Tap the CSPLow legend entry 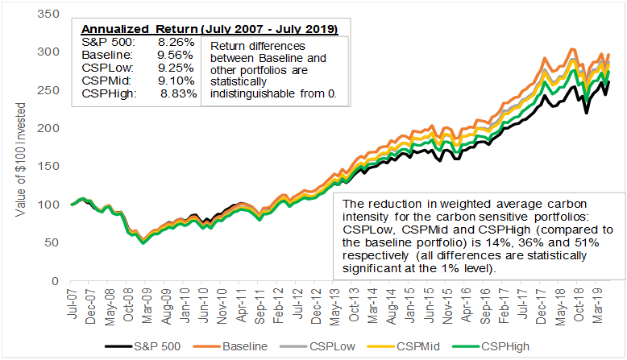(331, 348)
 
